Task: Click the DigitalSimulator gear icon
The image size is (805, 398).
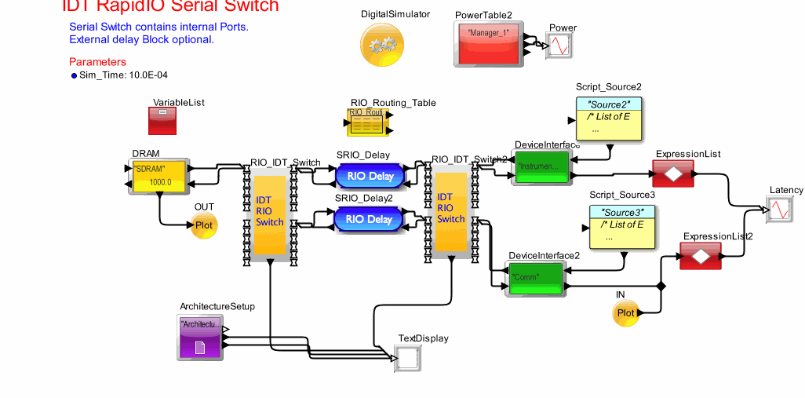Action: click(382, 45)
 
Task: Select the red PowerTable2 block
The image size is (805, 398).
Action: click(489, 44)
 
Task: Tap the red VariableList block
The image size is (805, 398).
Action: click(163, 120)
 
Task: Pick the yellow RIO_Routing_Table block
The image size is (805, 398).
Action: click(366, 122)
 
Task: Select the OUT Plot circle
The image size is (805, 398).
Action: click(203, 225)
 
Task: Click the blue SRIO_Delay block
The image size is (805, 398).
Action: click(370, 176)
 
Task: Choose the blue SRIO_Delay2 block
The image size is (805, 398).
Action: click(370, 219)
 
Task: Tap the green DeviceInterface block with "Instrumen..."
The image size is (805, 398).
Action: click(541, 167)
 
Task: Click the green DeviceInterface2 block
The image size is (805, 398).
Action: click(536, 279)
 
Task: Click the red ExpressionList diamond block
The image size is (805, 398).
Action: click(672, 173)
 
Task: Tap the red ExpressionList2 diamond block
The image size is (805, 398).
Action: click(700, 255)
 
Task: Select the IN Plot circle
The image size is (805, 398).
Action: click(625, 312)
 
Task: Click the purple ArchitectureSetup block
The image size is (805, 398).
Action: click(200, 336)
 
